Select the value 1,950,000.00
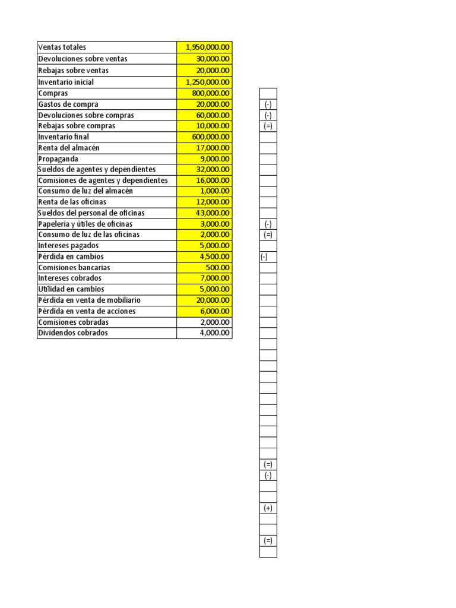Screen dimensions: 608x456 208,47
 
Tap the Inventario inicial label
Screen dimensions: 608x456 66,82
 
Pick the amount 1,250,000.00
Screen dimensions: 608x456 208,82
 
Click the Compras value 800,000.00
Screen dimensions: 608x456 212,93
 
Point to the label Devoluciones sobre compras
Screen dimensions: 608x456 86,115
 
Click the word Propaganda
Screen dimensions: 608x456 58,159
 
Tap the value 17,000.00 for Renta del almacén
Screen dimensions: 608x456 214,148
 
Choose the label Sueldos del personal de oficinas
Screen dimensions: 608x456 91,213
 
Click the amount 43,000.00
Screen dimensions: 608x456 214,213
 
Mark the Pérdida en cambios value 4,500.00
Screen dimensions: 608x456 216,256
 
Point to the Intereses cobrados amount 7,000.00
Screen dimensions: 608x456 216,278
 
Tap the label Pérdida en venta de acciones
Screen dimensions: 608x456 87,311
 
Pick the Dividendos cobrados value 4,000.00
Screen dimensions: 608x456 216,332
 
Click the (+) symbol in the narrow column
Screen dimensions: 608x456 268,508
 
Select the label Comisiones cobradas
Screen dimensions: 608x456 73,322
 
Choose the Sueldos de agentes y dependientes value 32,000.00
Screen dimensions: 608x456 214,169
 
